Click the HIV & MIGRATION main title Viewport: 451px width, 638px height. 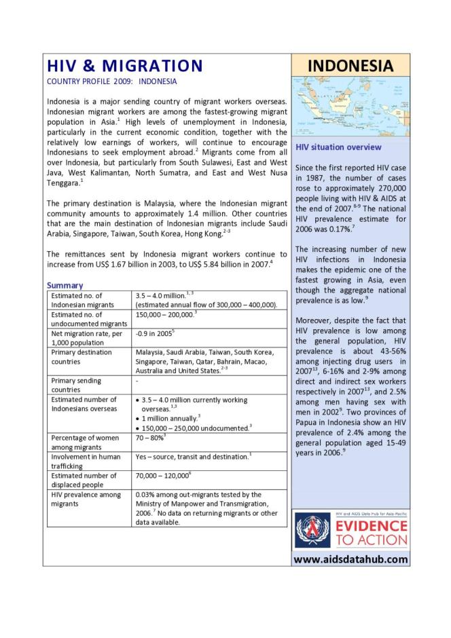[124, 66]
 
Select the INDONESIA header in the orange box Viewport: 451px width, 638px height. [350, 65]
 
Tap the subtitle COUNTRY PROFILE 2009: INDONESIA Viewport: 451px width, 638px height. [111, 81]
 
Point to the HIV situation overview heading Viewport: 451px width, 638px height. [338, 147]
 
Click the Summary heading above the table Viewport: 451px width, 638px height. [65, 286]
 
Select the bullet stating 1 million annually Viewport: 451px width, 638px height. [170, 419]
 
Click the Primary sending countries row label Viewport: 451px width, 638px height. [75, 385]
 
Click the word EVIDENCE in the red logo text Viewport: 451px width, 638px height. [372, 527]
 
